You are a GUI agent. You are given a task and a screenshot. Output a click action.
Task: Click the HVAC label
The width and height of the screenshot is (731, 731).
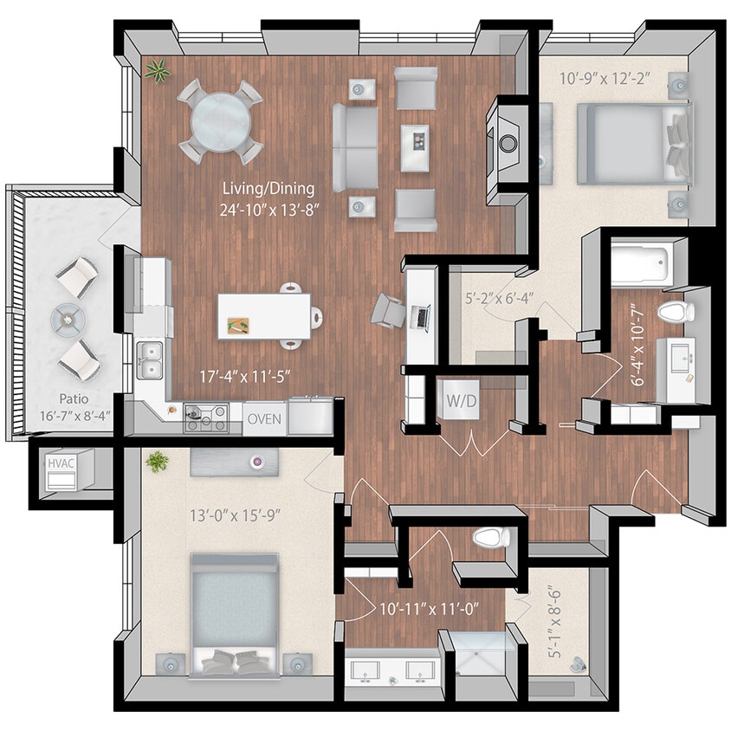(x=60, y=463)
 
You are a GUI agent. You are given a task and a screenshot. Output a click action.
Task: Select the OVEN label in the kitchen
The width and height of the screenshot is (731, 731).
(x=264, y=418)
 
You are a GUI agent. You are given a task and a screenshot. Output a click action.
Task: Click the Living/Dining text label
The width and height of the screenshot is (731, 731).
(x=268, y=187)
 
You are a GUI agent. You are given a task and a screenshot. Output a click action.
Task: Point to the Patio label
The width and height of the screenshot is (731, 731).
(x=72, y=400)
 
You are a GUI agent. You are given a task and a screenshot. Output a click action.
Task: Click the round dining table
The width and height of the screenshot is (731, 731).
(x=220, y=122)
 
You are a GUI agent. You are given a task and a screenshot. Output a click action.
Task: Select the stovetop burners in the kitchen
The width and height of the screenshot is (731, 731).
(x=205, y=417)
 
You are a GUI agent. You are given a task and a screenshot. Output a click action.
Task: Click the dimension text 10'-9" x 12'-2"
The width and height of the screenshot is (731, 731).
(x=605, y=80)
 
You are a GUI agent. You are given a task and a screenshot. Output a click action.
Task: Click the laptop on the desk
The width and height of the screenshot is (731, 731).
(x=422, y=317)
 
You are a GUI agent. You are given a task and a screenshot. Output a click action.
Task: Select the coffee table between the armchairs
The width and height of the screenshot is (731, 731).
(x=414, y=148)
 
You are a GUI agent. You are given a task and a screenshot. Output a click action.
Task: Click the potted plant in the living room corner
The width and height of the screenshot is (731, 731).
(x=158, y=71)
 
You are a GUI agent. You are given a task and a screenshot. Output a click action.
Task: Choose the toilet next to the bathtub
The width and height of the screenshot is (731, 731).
(x=672, y=312)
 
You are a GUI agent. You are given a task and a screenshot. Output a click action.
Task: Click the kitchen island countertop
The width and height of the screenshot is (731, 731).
(x=264, y=315)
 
